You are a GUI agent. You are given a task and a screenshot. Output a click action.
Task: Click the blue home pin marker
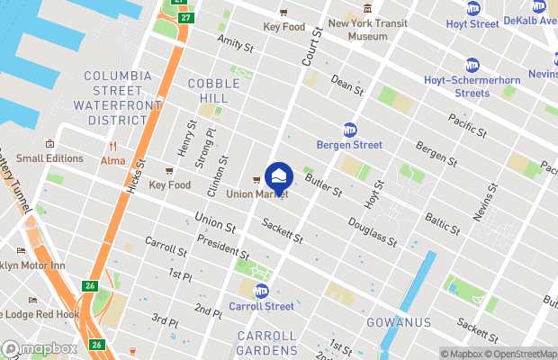pyautogui.click(x=279, y=175)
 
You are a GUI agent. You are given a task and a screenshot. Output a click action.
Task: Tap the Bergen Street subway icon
pyautogui.click(x=349, y=130)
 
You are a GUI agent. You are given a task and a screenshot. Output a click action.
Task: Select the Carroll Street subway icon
pyautogui.click(x=262, y=291)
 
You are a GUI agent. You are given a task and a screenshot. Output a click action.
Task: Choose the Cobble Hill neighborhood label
pyautogui.click(x=213, y=89)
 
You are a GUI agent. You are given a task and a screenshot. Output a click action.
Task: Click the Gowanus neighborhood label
pyautogui.click(x=399, y=321)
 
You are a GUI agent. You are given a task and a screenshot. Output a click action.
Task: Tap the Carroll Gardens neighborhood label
pyautogui.click(x=266, y=342)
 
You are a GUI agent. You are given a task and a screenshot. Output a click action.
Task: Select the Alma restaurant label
pyautogui.click(x=113, y=160)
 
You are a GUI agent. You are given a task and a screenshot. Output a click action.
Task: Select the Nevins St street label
pyautogui.click(x=488, y=203)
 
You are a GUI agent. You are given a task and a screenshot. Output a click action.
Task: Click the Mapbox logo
pyautogui.click(x=40, y=348)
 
